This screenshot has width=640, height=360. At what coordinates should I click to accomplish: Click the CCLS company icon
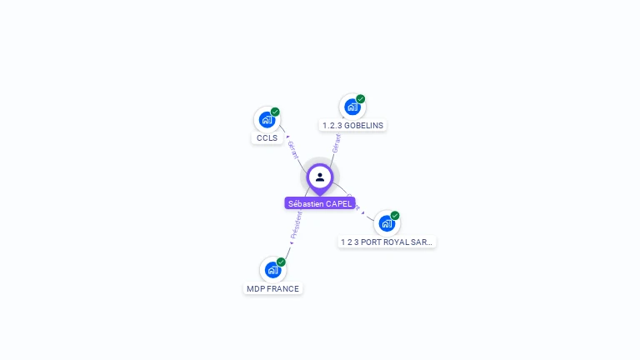266,120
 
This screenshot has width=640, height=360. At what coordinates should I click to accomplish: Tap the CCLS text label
267,138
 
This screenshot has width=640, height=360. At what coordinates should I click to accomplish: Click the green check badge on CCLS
275,112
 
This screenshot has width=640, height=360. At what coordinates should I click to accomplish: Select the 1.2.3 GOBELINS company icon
352,107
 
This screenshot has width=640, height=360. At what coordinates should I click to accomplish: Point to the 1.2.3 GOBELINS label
353,126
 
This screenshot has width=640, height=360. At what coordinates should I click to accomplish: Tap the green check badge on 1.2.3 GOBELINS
361,99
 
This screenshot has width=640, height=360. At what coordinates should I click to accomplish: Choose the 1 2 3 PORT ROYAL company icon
386,223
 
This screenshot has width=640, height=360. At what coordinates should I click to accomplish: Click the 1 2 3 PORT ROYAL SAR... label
387,242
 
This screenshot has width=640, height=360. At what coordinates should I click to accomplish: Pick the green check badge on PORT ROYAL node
395,216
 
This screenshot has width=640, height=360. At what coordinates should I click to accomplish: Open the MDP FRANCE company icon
272,270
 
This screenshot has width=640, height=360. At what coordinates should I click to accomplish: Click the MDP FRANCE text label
272,289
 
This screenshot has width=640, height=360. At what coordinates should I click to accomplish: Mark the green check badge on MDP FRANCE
281,262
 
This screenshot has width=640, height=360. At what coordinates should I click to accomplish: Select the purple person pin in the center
320,177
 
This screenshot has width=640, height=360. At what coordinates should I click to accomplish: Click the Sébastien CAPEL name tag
320,203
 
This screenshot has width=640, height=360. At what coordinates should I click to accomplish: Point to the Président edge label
296,226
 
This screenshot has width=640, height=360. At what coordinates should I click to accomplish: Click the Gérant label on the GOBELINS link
336,143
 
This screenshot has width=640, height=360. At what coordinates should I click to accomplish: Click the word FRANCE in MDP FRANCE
283,289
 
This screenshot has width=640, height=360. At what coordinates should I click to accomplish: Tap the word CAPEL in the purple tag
339,203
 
